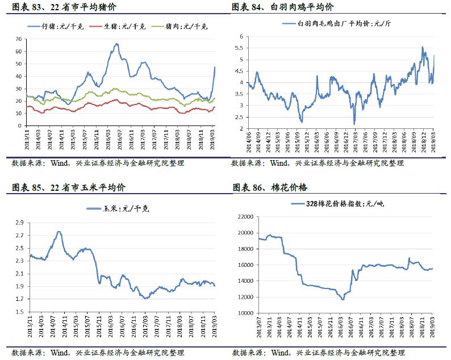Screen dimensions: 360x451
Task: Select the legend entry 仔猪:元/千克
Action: click(x=62, y=26)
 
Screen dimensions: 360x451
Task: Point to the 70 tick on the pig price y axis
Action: click(x=19, y=39)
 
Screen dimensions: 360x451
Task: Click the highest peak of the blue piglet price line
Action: click(x=116, y=44)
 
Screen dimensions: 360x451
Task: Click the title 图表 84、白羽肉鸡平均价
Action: click(x=282, y=7)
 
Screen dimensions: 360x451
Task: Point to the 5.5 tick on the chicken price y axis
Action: click(x=240, y=48)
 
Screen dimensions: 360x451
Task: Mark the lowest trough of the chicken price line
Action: click(x=354, y=124)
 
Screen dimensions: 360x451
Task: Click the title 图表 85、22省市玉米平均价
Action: click(x=65, y=187)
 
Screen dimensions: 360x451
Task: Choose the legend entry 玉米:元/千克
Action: click(x=126, y=208)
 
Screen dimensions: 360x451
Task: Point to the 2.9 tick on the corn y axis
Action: click(x=19, y=222)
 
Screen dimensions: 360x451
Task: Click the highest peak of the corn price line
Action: click(x=59, y=232)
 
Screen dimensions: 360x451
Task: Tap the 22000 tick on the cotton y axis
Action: click(x=244, y=216)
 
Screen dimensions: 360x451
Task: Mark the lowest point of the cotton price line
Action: click(x=343, y=299)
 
